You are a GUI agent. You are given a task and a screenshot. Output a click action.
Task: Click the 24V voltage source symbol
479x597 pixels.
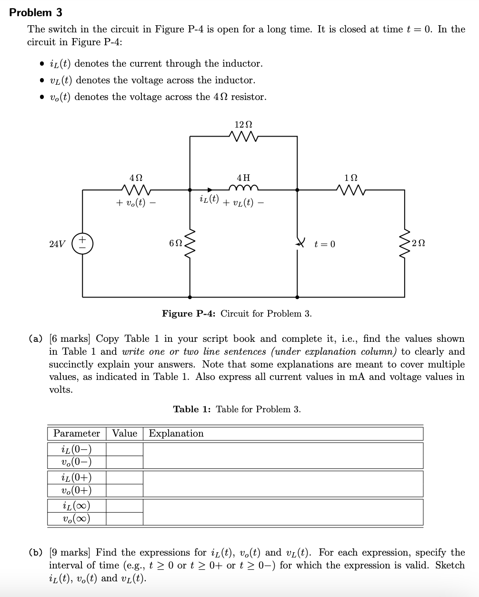[x=82, y=243]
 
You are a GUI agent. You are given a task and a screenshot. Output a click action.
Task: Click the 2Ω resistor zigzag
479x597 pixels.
[x=405, y=243]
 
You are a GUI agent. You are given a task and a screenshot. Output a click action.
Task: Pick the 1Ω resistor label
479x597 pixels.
[x=350, y=177]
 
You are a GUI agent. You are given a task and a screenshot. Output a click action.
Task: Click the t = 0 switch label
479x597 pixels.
[x=325, y=244]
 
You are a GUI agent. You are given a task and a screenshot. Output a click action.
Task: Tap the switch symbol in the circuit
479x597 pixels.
[x=299, y=243]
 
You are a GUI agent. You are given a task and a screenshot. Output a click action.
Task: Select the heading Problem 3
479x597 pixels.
[x=36, y=12]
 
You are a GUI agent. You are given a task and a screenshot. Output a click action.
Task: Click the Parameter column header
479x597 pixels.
[x=77, y=433]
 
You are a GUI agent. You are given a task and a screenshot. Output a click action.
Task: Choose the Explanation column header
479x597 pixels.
[x=176, y=433]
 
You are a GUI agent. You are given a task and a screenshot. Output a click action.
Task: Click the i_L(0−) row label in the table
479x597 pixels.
[x=77, y=449]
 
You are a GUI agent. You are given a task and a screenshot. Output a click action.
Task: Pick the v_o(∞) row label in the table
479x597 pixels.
[x=77, y=518]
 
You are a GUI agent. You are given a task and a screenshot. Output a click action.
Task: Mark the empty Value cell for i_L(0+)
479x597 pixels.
[x=124, y=477]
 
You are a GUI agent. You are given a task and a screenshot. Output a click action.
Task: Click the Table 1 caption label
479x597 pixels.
[x=192, y=409]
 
